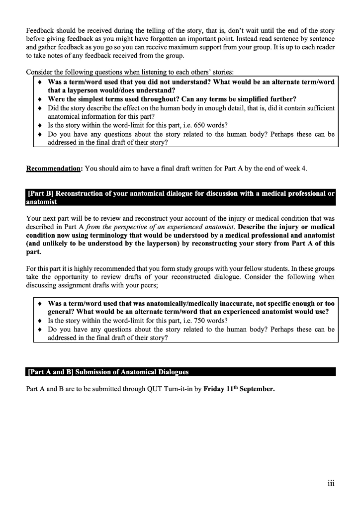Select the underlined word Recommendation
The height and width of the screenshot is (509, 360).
pyautogui.click(x=54, y=169)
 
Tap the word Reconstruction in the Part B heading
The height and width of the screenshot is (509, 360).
pyautogui.click(x=79, y=193)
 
